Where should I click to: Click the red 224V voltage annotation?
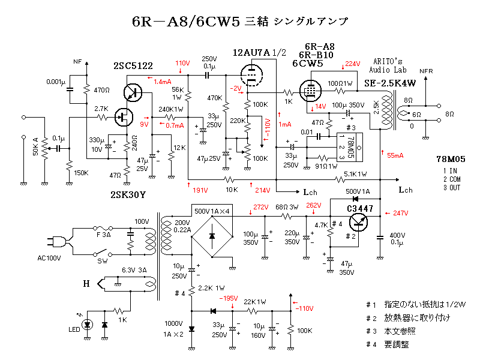tap(352, 64)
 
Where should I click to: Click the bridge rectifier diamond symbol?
tap(211, 235)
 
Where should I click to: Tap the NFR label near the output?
tap(426, 71)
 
